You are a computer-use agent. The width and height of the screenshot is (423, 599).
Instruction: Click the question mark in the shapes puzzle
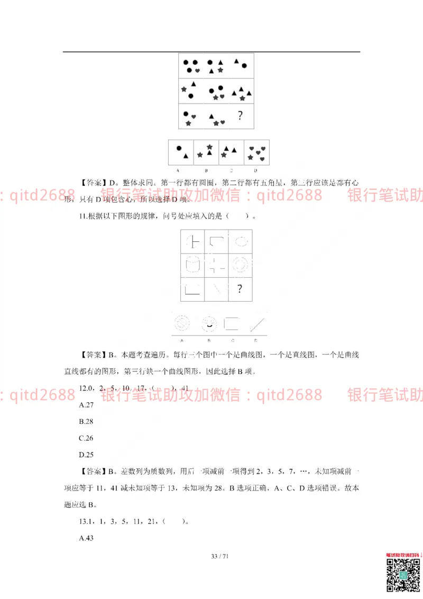pos(240,115)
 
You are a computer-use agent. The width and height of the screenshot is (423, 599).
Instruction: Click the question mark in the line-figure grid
pos(240,289)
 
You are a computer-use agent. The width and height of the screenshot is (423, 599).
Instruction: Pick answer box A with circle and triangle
pos(181,152)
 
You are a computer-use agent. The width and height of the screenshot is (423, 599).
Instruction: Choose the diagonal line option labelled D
pos(256,323)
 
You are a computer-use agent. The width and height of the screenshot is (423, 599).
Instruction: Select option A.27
pos(86,405)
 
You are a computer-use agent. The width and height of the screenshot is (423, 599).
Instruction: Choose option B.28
pos(86,421)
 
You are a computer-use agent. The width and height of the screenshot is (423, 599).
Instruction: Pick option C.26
pos(86,438)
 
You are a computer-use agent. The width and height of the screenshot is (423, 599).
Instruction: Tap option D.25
pos(86,454)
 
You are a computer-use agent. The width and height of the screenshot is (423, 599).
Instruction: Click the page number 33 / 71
pos(219,556)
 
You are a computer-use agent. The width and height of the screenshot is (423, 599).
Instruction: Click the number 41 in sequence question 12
pos(185,388)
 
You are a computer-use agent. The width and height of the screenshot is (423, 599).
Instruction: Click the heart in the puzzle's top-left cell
pos(197,70)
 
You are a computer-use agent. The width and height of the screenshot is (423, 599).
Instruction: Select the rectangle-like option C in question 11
pos(232,322)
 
